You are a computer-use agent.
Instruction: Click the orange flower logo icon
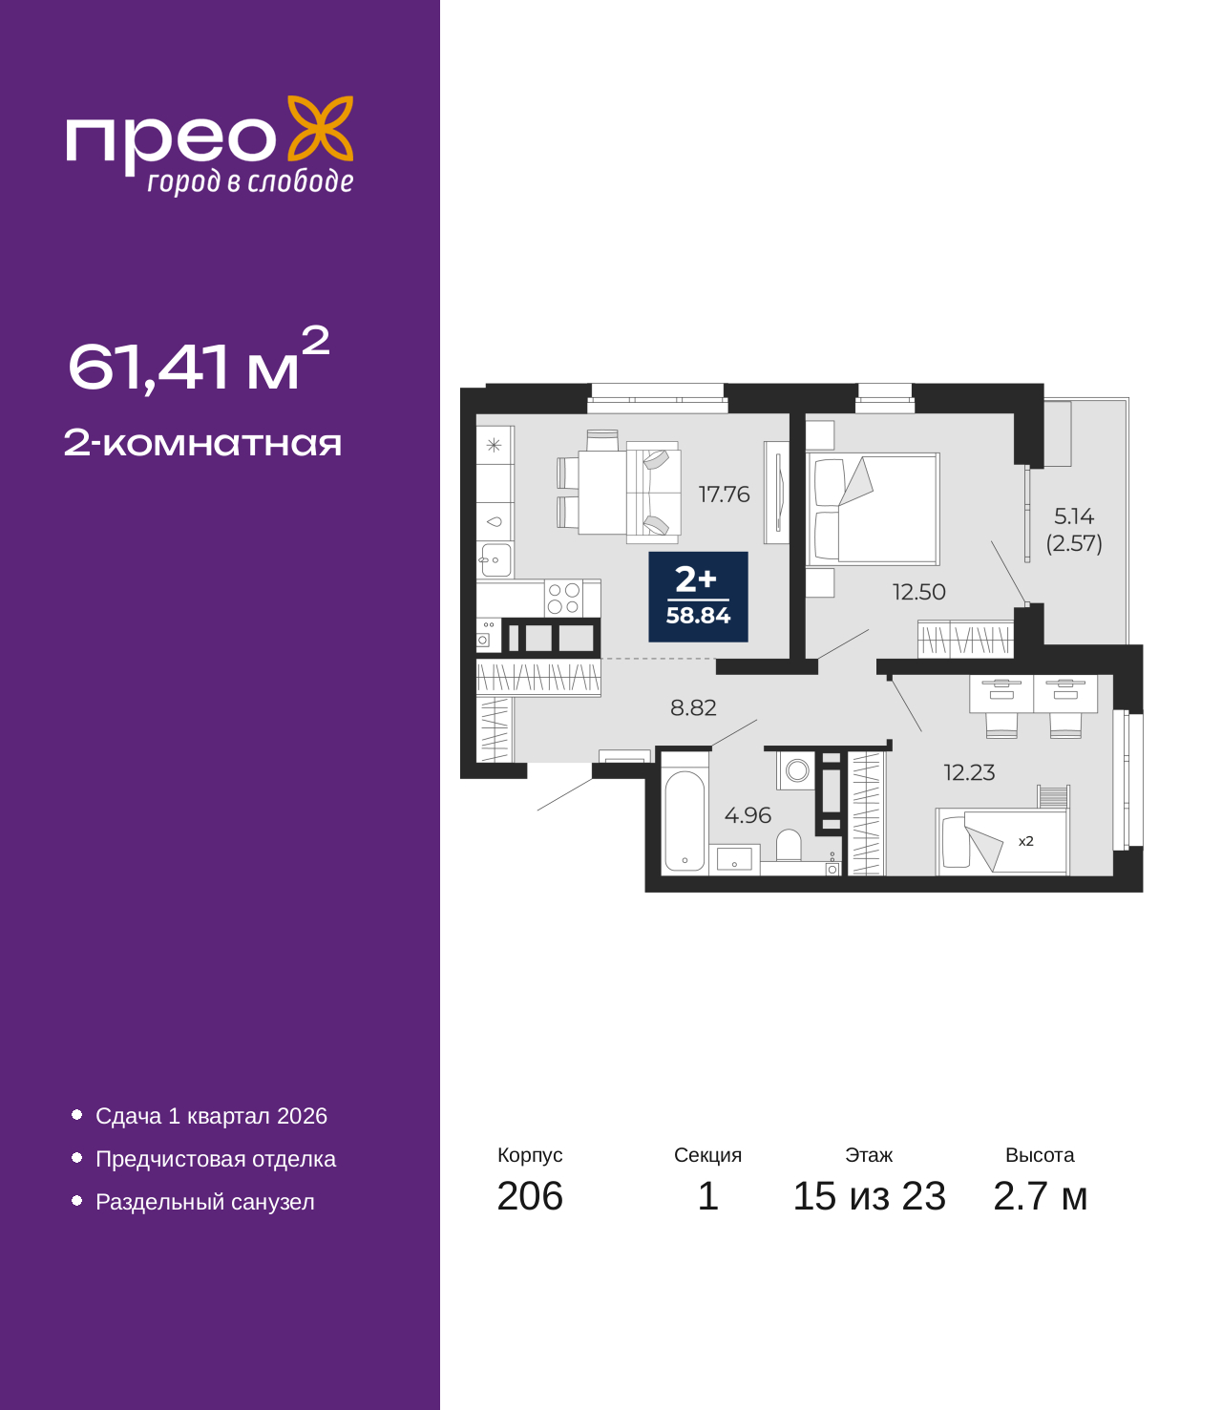click(320, 128)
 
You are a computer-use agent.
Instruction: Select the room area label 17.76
click(724, 494)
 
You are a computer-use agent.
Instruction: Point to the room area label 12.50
click(919, 592)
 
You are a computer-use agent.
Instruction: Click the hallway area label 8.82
click(693, 707)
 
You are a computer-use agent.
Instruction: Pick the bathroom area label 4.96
click(748, 815)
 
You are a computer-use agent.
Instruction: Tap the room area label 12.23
click(970, 772)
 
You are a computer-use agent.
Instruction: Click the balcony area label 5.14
click(1074, 516)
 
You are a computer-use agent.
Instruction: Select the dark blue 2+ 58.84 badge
click(698, 597)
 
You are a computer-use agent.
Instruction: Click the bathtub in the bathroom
click(685, 821)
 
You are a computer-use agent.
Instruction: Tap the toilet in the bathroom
click(789, 845)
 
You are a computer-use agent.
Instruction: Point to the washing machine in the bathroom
click(796, 770)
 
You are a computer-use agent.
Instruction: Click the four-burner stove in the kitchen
click(563, 599)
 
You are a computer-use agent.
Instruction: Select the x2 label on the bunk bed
click(1025, 841)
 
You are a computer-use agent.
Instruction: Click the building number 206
click(530, 1195)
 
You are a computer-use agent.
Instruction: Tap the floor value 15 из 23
click(870, 1195)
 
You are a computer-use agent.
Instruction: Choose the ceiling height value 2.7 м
click(1040, 1195)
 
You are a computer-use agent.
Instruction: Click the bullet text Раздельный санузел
click(205, 1202)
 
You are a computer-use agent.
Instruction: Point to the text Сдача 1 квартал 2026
click(212, 1116)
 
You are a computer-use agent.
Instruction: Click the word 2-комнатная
click(202, 443)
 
